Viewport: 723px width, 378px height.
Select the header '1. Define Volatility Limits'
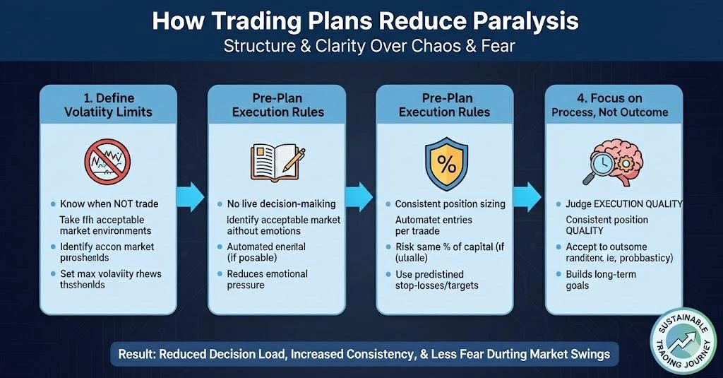coord(107,104)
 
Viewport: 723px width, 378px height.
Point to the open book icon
coord(272,161)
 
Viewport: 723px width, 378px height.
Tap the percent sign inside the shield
coord(446,165)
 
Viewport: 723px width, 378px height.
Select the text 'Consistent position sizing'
coord(450,203)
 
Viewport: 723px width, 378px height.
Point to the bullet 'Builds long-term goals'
coord(601,279)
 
